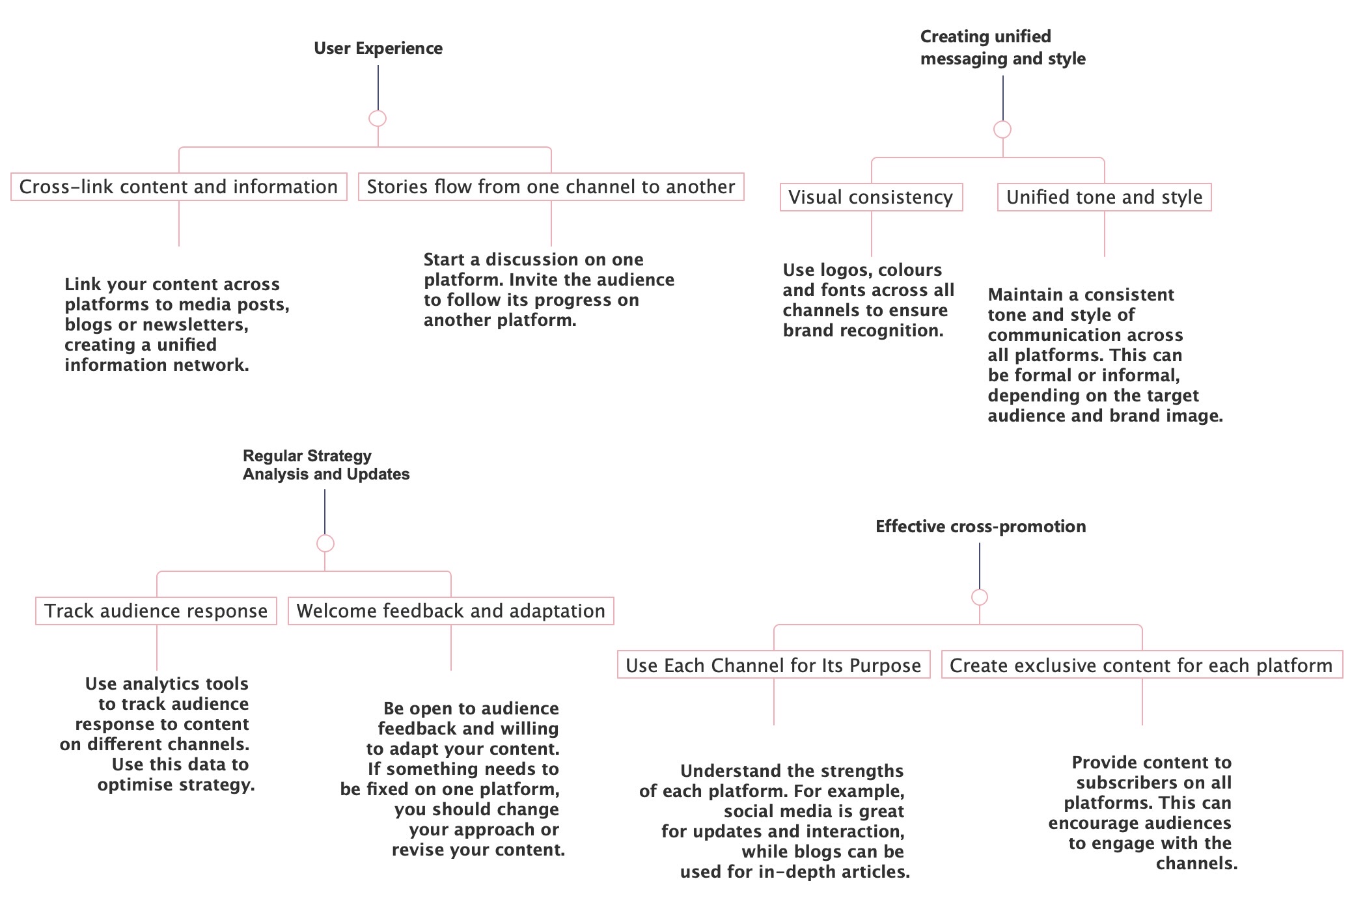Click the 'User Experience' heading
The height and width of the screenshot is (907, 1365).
[x=378, y=48]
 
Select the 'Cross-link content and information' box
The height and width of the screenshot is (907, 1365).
[x=178, y=187]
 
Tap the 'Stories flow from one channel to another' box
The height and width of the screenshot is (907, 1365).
[x=551, y=187]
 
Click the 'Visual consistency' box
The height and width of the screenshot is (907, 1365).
[x=871, y=197]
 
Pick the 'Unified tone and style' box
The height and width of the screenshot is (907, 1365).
[x=1104, y=197]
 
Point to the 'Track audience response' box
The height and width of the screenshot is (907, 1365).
[x=156, y=611]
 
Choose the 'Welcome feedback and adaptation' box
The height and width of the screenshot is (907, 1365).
[x=450, y=611]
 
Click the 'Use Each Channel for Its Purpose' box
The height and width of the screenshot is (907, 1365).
[x=773, y=666]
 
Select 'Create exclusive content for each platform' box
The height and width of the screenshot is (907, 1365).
[x=1141, y=666]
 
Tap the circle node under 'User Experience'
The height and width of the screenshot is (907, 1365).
[x=378, y=118]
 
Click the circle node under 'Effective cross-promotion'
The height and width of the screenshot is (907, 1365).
[x=979, y=597]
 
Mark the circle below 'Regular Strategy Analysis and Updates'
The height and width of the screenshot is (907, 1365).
[x=325, y=543]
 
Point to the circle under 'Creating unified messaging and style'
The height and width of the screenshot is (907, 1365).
[x=1002, y=129]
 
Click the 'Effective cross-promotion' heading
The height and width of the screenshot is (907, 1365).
[x=980, y=526]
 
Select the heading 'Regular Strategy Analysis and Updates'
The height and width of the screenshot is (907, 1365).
[x=325, y=465]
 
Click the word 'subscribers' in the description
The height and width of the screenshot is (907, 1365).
[x=1131, y=783]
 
